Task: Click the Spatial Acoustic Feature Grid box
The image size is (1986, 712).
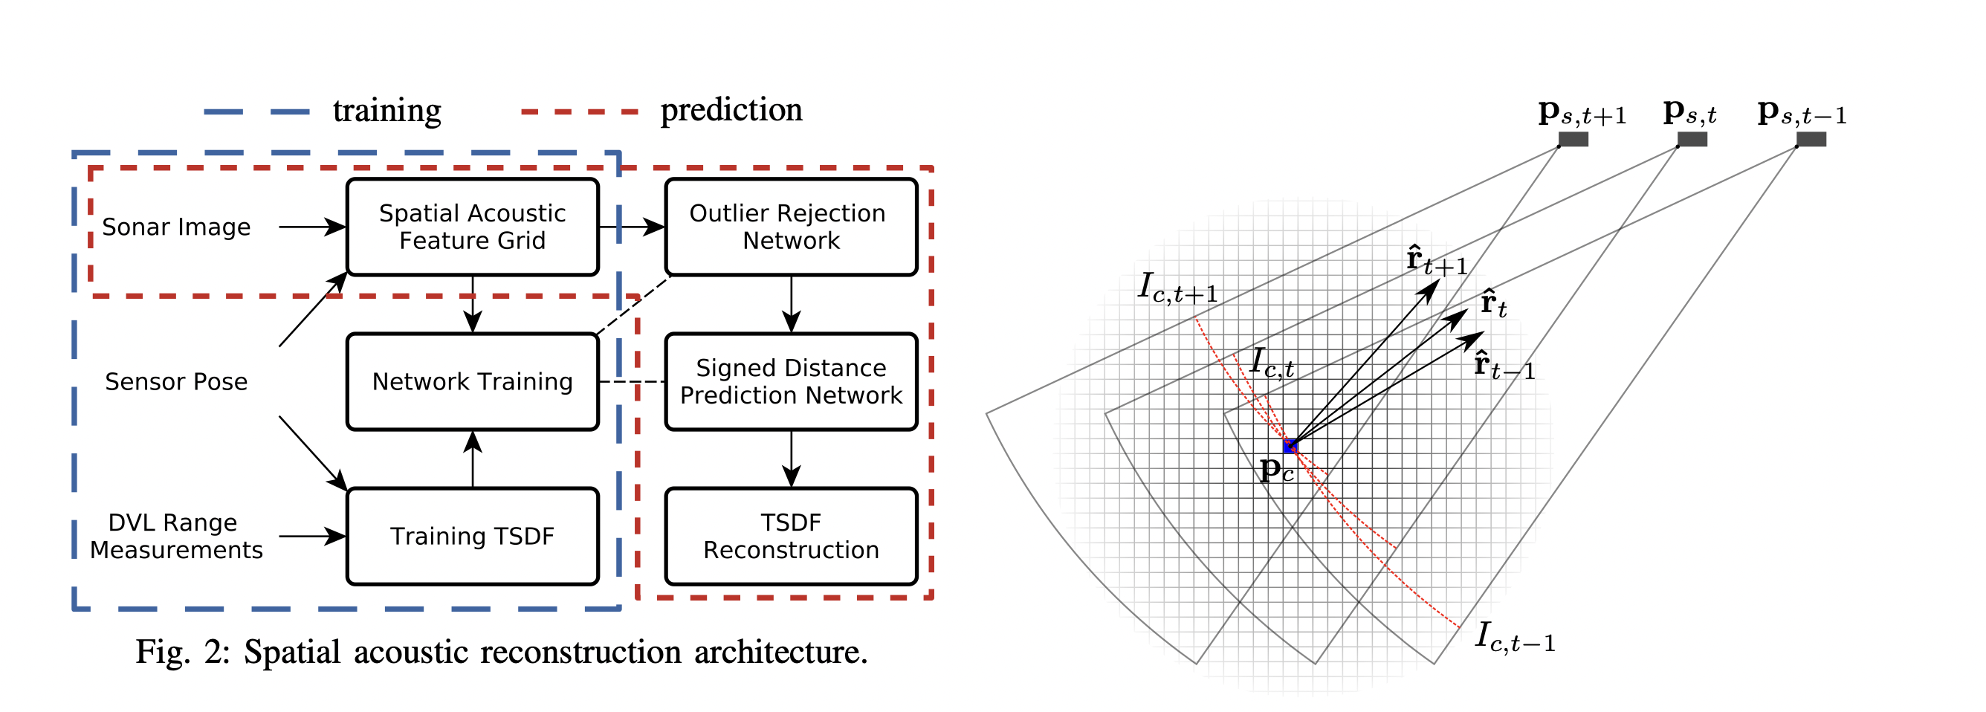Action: coord(472,227)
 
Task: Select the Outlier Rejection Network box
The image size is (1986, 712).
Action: coord(790,227)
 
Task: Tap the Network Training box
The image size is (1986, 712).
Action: coord(472,381)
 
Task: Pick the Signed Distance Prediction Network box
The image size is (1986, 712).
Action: coord(790,381)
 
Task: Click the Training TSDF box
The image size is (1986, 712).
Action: coord(472,537)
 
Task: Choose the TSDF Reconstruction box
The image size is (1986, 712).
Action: coord(790,537)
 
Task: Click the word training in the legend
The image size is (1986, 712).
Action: coord(387,111)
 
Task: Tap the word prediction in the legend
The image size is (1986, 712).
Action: coord(731,110)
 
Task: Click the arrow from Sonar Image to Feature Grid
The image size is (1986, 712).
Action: coord(311,227)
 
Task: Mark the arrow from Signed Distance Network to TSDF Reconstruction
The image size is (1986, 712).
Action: coord(791,459)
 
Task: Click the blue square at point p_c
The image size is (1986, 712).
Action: coord(1290,445)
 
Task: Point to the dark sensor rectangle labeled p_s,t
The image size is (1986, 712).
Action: coord(1692,140)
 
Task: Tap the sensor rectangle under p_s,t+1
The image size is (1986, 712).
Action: coord(1573,140)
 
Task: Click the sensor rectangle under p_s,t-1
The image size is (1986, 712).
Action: coord(1811,140)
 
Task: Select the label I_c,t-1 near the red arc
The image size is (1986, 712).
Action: coord(1514,638)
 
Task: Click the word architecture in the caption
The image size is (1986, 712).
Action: coord(780,653)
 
